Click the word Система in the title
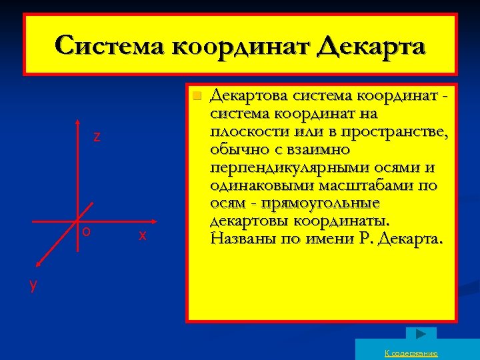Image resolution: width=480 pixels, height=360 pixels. point(109,47)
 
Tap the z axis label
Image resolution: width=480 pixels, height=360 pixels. point(97,137)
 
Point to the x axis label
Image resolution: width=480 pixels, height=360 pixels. point(142,235)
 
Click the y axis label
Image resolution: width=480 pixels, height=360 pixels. point(33,284)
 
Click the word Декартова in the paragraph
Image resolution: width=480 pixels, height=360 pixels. point(246,97)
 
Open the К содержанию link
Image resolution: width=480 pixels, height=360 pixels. point(411,353)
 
